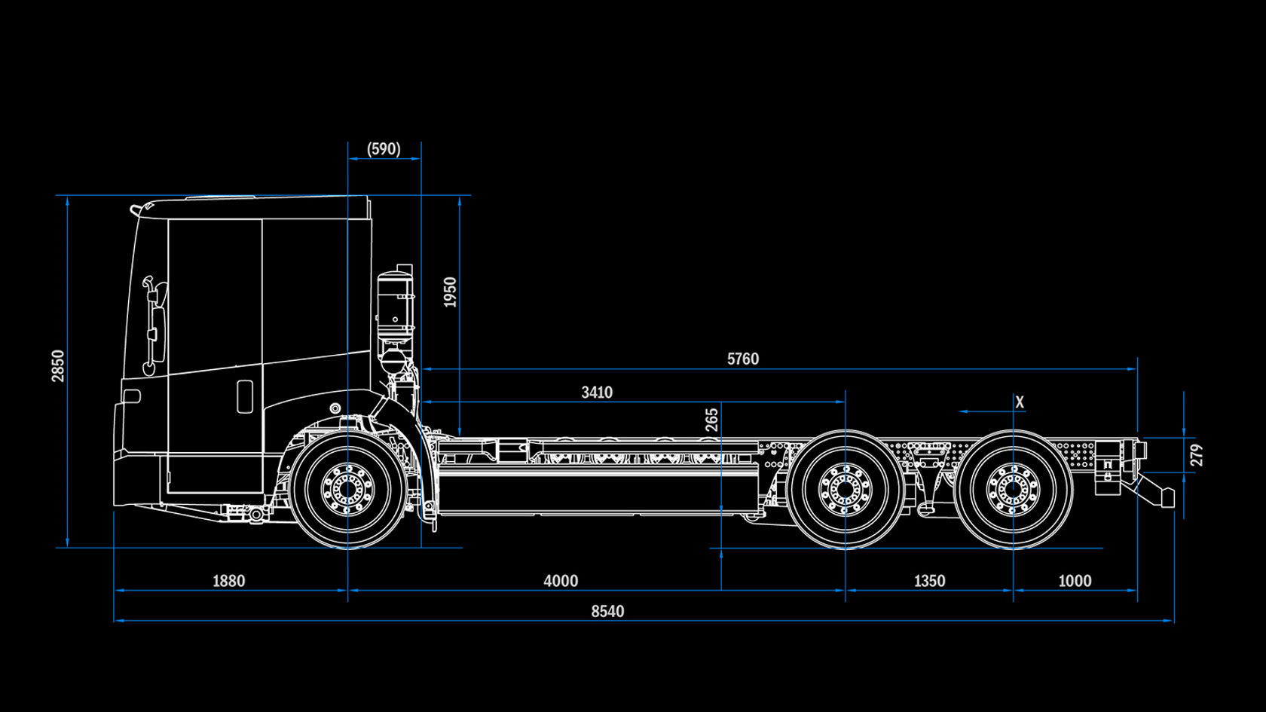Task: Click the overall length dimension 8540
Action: [x=607, y=611]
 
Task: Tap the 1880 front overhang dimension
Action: [x=228, y=581]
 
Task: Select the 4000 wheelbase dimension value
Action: [x=561, y=581]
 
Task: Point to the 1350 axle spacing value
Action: [x=929, y=581]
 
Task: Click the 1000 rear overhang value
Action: [x=1075, y=581]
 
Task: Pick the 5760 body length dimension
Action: [x=742, y=359]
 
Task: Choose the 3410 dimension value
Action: [x=597, y=393]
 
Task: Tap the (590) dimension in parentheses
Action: [x=384, y=149]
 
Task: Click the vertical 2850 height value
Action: [x=59, y=365]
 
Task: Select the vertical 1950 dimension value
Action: [x=450, y=292]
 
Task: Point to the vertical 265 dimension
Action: [x=711, y=420]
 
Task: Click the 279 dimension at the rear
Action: [x=1197, y=455]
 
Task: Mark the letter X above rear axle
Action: [x=1020, y=402]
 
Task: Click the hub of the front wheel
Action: [x=347, y=490]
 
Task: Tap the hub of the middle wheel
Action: [x=845, y=490]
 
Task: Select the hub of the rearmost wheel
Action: [x=1013, y=490]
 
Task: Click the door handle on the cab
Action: [x=245, y=396]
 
